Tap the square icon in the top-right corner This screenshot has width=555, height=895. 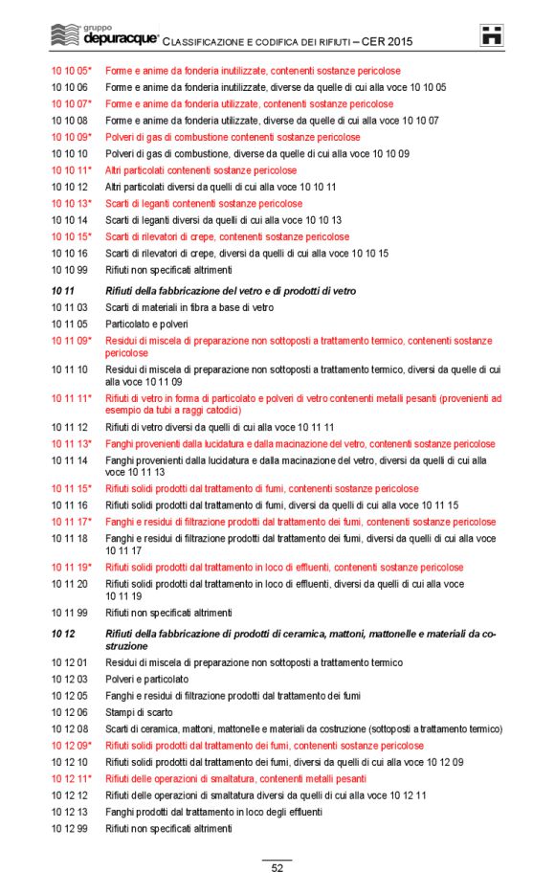(x=492, y=35)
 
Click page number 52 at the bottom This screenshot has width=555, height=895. (x=277, y=868)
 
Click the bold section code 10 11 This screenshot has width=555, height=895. (x=62, y=290)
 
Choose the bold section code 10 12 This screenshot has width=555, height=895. (x=62, y=634)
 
